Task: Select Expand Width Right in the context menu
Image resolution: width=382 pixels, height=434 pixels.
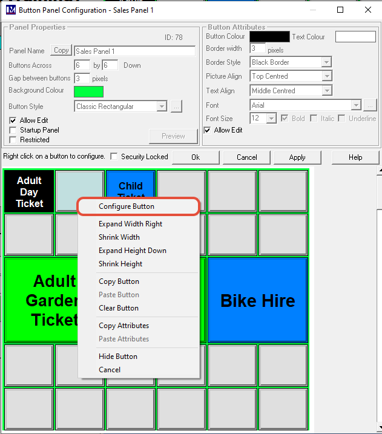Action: pyautogui.click(x=130, y=224)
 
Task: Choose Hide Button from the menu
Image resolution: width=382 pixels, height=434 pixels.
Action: pyautogui.click(x=118, y=357)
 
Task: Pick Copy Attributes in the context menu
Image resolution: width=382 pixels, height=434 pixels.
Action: pyautogui.click(x=123, y=326)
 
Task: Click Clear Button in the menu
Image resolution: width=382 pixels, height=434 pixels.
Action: pyautogui.click(x=119, y=308)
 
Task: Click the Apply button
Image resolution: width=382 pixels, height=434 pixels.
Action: pyautogui.click(x=297, y=157)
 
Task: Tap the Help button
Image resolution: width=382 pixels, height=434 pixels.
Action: pyautogui.click(x=355, y=157)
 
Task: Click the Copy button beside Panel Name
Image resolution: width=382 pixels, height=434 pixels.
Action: pyautogui.click(x=61, y=50)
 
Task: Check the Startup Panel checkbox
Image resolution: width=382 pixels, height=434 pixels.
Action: pyautogui.click(x=13, y=130)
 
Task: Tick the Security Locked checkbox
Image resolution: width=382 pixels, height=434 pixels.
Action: pyautogui.click(x=114, y=156)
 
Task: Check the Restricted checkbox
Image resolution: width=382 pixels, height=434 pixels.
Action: pyautogui.click(x=13, y=140)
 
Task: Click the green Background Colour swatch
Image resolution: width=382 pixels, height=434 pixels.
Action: pyautogui.click(x=88, y=91)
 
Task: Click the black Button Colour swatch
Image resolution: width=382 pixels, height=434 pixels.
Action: pyautogui.click(x=269, y=36)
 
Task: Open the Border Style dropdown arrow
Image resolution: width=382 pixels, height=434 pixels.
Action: pyautogui.click(x=327, y=62)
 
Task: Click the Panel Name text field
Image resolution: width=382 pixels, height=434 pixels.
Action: pyautogui.click(x=135, y=51)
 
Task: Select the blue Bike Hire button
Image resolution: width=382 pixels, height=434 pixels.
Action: pyautogui.click(x=258, y=300)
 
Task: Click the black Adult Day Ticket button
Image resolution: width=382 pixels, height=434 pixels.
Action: pyautogui.click(x=29, y=191)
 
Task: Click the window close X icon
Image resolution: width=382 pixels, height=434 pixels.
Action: pyautogui.click(x=368, y=10)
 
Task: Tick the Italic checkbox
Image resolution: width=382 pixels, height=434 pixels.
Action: pyautogui.click(x=314, y=119)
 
